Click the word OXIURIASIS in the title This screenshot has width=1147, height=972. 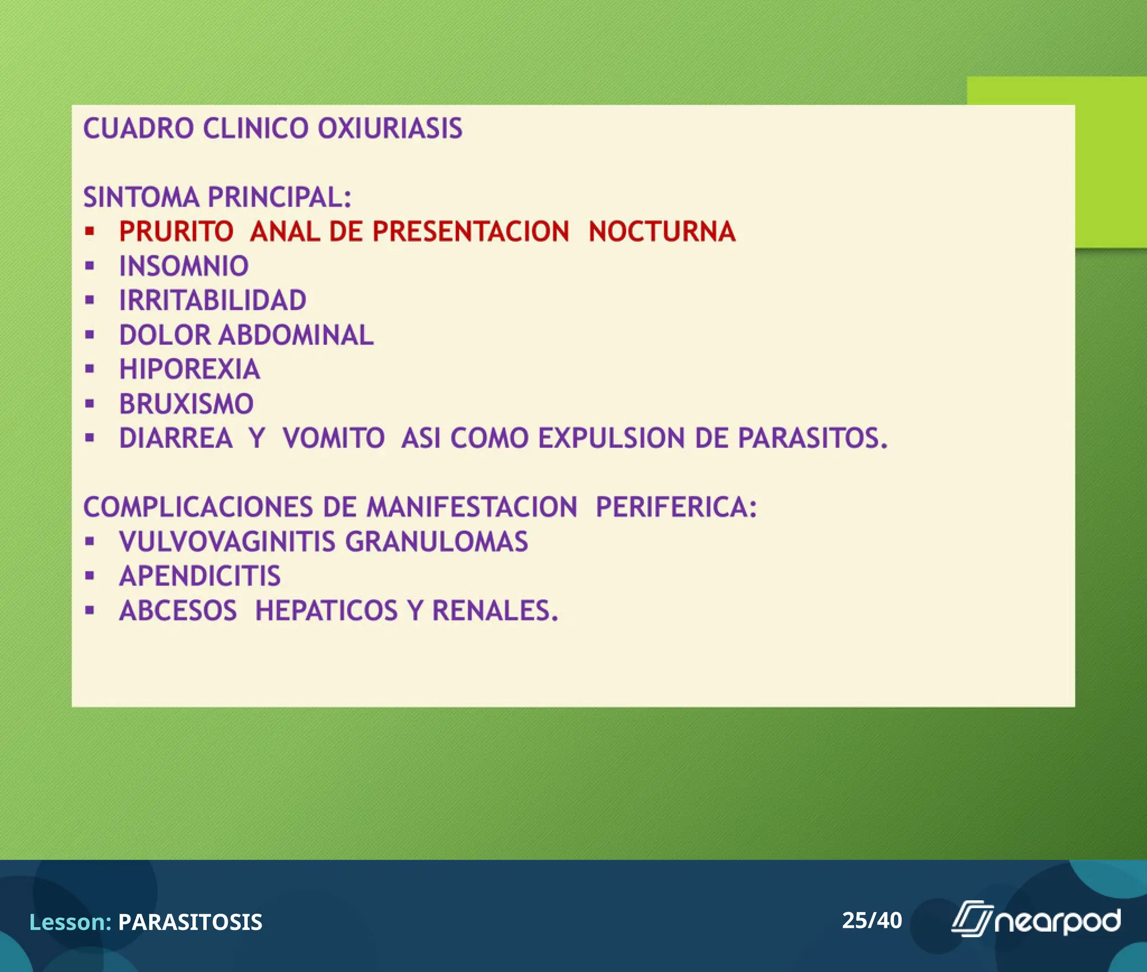tap(390, 128)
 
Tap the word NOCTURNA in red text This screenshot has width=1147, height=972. tap(661, 231)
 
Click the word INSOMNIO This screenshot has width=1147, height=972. tap(184, 266)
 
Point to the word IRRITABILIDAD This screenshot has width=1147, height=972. tap(212, 300)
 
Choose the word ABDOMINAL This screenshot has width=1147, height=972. tap(296, 335)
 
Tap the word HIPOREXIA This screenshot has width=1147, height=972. tap(189, 369)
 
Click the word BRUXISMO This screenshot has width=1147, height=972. tap(186, 404)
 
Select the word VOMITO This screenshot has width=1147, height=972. tap(333, 438)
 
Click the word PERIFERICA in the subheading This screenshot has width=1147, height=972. tap(675, 507)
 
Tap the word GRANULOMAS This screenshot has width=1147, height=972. tap(436, 541)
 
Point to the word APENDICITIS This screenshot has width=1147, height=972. tap(199, 576)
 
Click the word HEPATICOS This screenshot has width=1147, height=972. tap(326, 610)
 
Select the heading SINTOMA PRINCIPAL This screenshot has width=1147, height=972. tap(217, 197)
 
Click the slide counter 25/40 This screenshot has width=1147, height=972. tap(871, 920)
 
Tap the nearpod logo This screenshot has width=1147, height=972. tap(1036, 920)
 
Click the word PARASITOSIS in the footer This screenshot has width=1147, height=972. tap(190, 922)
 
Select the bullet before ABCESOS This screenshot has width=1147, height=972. tap(90, 610)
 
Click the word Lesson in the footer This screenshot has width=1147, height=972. tap(69, 922)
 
